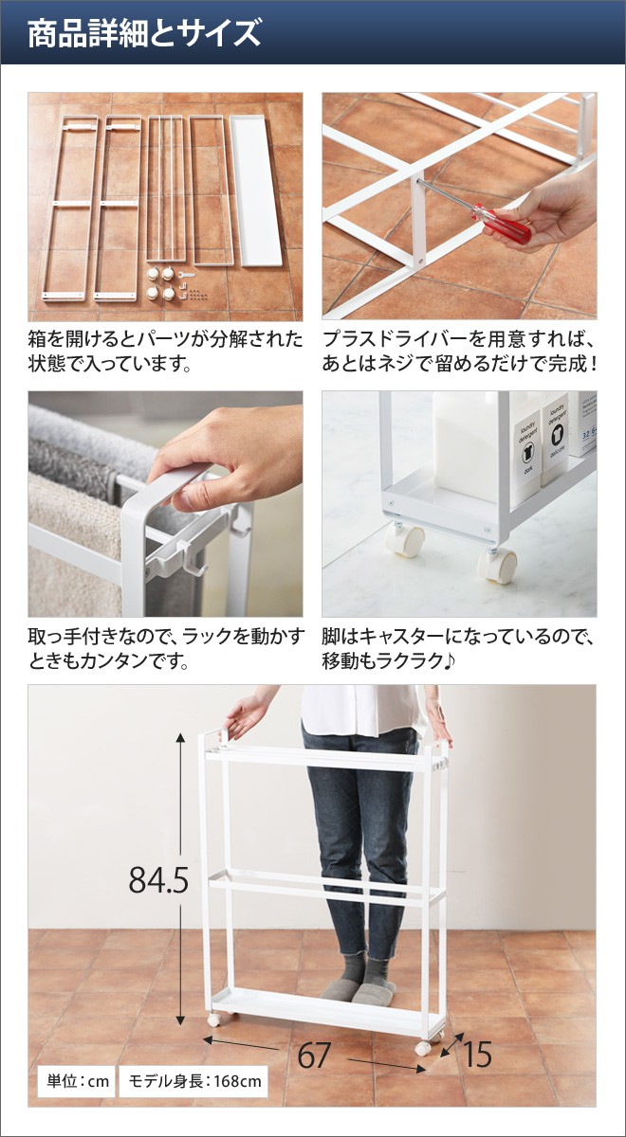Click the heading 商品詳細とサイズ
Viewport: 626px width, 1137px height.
coord(144,33)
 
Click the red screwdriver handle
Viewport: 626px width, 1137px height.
coord(502,224)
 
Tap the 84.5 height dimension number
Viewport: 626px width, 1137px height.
coord(158,879)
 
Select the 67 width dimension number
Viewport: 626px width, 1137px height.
coord(314,1056)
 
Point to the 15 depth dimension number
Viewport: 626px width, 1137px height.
coord(477,1055)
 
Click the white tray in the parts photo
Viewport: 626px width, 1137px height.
coord(255,190)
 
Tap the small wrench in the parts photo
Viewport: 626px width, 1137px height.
coord(187,275)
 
